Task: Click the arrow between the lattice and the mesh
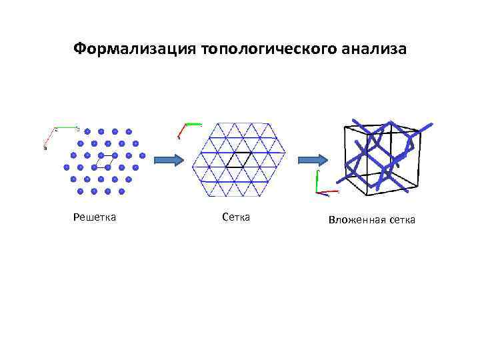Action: click(x=168, y=160)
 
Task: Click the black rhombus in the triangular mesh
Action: click(x=238, y=160)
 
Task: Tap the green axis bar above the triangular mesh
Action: click(x=193, y=123)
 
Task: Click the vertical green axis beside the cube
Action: click(x=317, y=181)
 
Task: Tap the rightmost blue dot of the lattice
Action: click(x=143, y=155)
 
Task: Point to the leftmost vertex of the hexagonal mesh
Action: click(x=193, y=160)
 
